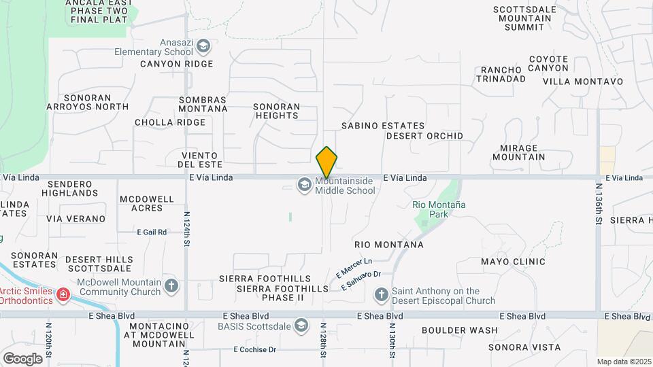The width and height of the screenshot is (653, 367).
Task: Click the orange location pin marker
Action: pos(326,162)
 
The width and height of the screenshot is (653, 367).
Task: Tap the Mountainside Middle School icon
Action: pos(303,183)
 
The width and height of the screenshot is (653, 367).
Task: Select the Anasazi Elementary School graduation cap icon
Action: pos(203,47)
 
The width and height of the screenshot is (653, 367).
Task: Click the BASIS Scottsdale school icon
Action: pos(300,326)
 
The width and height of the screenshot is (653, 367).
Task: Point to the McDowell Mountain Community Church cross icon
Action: pos(171,285)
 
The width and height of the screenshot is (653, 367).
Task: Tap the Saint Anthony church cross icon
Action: pos(382,295)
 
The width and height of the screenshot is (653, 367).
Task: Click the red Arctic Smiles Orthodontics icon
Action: pos(63,295)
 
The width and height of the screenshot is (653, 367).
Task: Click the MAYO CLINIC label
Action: pos(513,262)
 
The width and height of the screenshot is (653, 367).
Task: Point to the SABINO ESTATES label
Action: pos(383,126)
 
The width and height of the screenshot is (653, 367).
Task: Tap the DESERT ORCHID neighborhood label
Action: pos(424,136)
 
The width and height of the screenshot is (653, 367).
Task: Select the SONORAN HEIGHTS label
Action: pos(276,111)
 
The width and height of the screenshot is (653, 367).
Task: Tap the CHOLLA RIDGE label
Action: pos(170,123)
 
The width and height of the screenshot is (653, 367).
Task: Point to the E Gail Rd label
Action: pos(152,232)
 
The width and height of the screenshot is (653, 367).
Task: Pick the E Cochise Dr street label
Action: pos(255,350)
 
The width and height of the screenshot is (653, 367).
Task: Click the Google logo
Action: pos(22,358)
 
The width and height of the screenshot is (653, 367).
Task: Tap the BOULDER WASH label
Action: pos(459,331)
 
